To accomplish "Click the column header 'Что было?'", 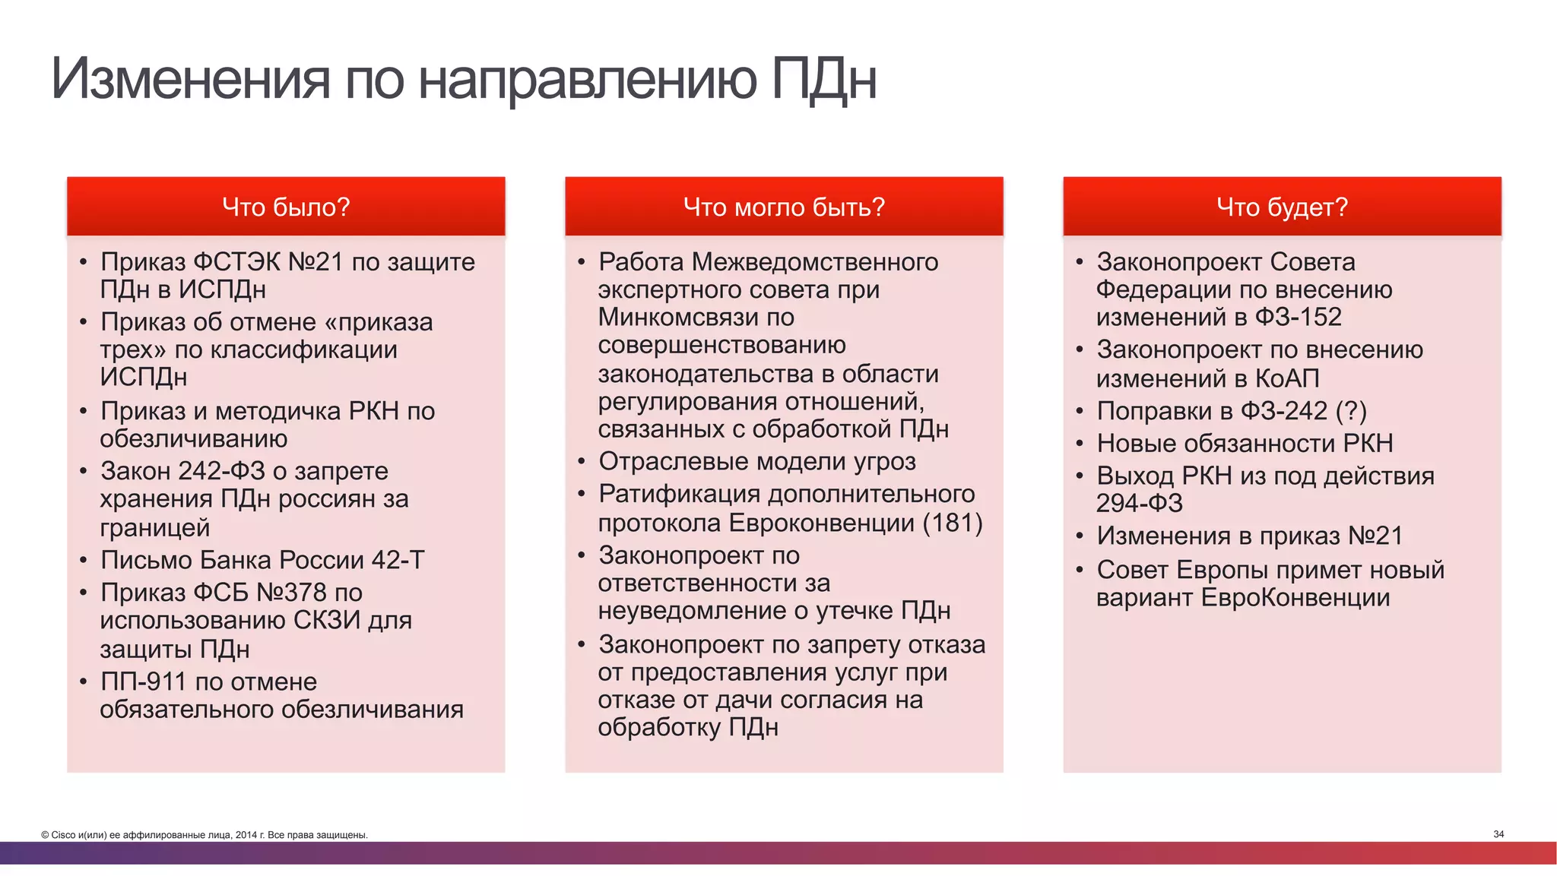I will click(x=286, y=207).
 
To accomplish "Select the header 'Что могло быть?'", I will click(x=784, y=207).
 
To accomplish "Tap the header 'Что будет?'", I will click(x=1282, y=207).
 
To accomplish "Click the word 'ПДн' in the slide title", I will click(x=823, y=78).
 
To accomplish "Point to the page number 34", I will click(x=1498, y=834).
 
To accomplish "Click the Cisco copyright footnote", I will click(x=205, y=835).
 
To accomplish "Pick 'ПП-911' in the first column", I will click(x=144, y=682).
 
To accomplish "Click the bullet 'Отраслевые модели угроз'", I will click(x=757, y=461).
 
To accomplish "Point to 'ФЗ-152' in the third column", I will click(x=1298, y=317).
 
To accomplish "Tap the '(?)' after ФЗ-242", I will click(x=1351, y=411).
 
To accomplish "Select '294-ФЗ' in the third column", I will click(x=1139, y=503).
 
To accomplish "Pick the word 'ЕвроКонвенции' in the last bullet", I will click(x=1295, y=598).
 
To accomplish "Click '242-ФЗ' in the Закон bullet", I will click(x=221, y=471).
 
